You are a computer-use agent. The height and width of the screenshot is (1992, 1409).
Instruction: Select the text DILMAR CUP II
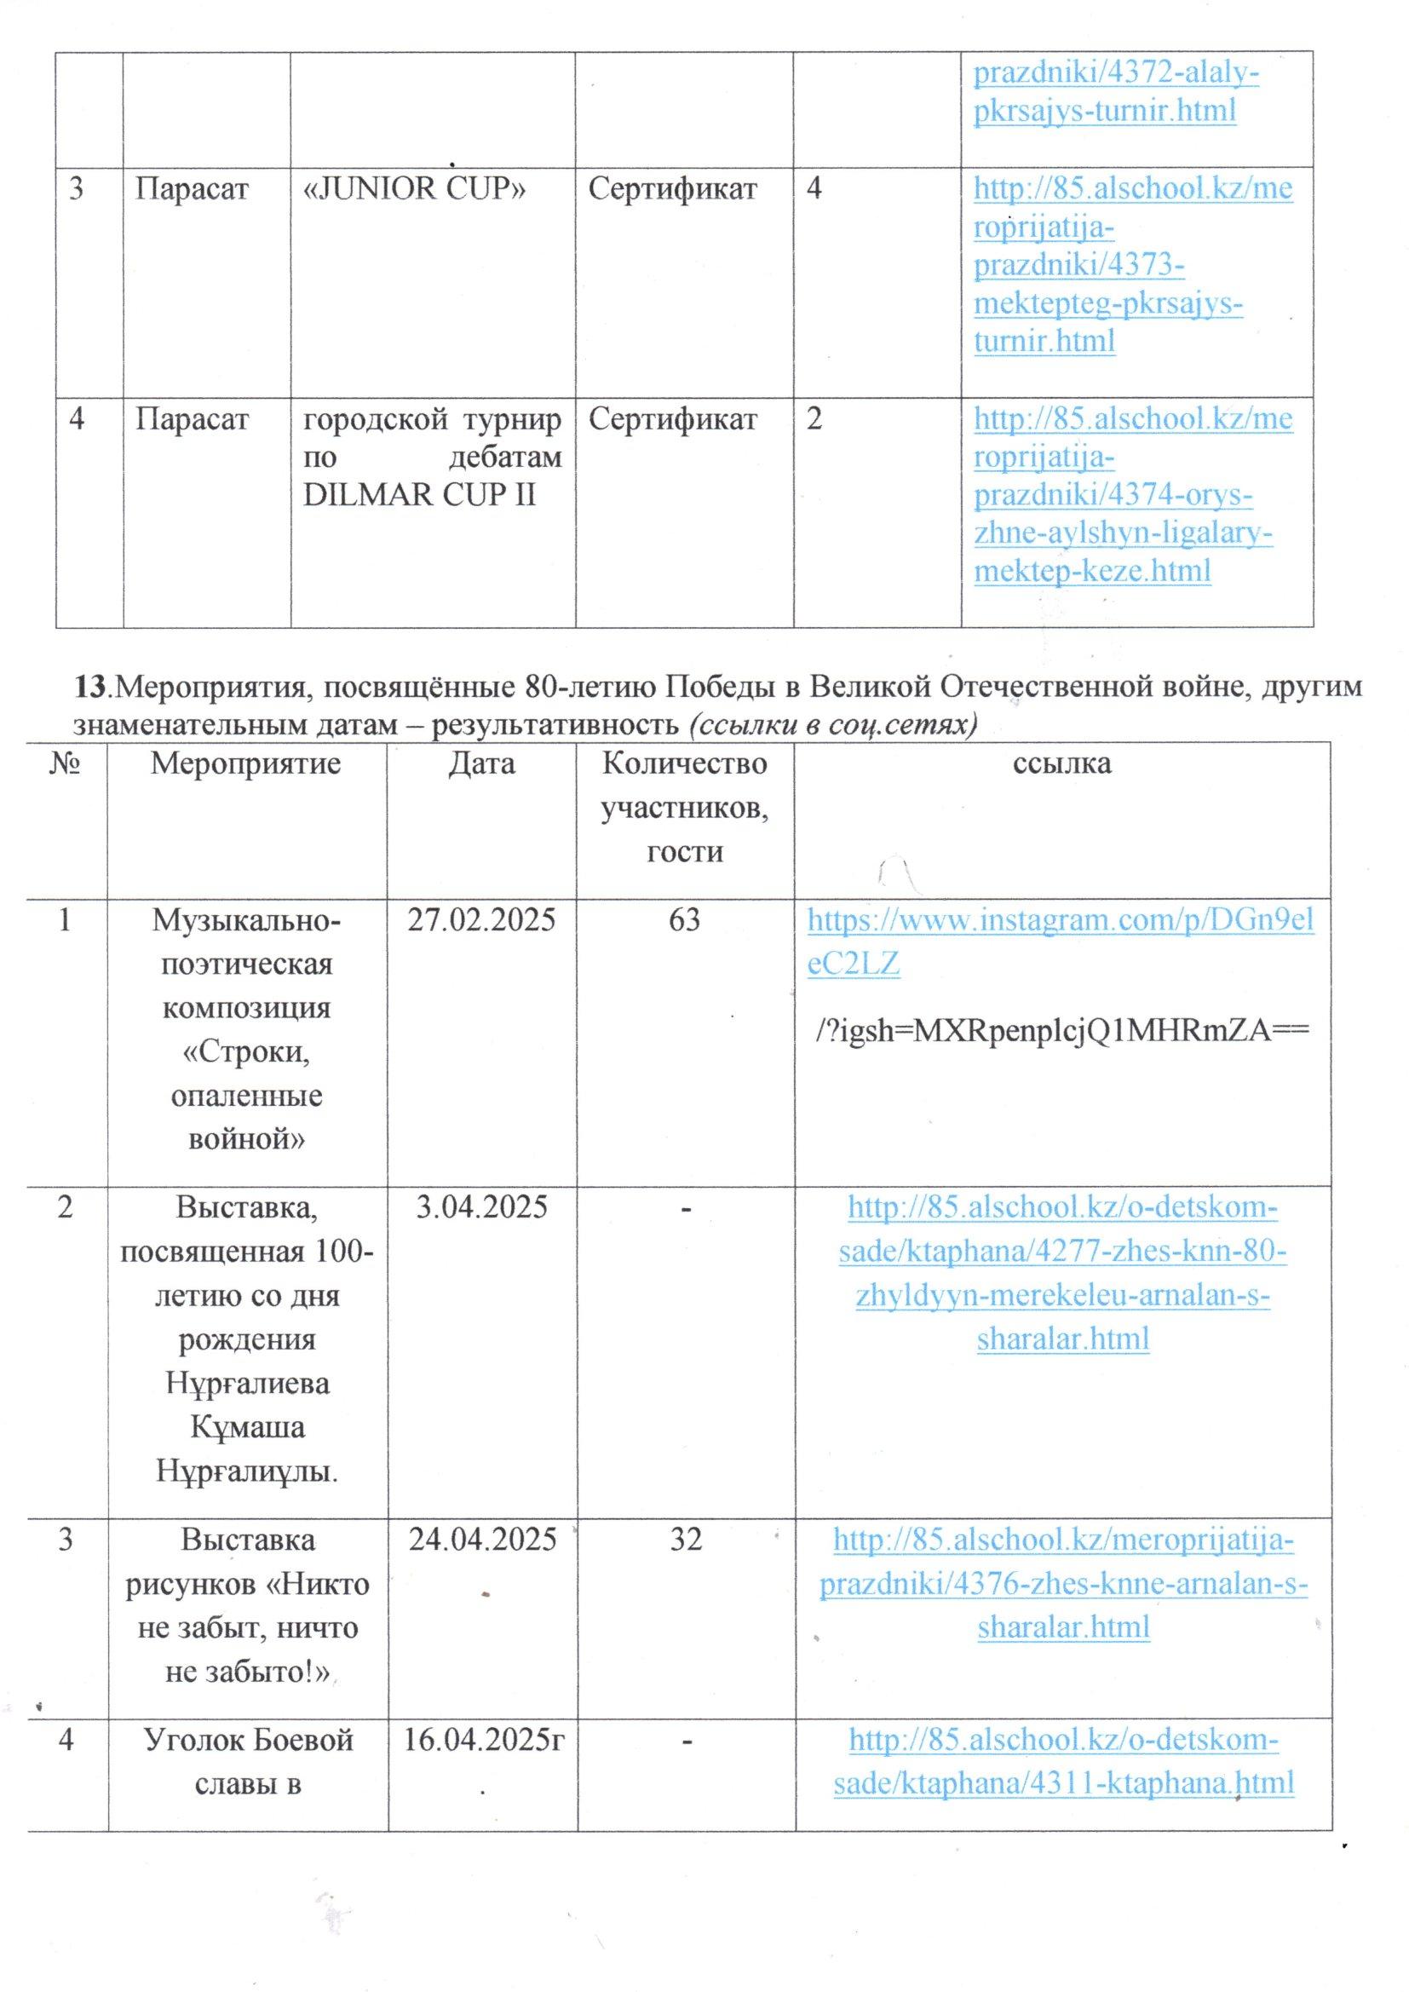[x=419, y=495]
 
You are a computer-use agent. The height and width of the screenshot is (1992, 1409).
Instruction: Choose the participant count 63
[x=685, y=920]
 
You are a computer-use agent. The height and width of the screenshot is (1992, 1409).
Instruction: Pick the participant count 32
[x=685, y=1540]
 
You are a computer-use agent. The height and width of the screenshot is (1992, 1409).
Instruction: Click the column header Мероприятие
[x=246, y=764]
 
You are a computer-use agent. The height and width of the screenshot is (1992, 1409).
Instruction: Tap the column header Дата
[x=482, y=764]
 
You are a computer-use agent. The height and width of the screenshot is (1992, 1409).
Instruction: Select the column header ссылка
[x=1062, y=764]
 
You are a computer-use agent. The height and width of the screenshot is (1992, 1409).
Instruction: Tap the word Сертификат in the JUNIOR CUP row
[x=672, y=189]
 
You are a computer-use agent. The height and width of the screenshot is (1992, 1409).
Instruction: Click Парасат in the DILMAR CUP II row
[x=192, y=420]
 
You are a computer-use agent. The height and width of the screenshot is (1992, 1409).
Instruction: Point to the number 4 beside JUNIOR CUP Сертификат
[x=814, y=189]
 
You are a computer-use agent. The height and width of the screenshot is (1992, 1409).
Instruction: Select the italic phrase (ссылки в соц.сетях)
[x=833, y=726]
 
